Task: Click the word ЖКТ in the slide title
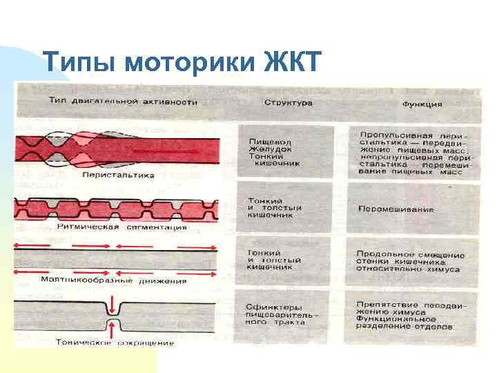[293, 63]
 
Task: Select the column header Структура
[288, 102]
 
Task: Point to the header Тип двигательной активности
[123, 102]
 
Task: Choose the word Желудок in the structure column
[266, 149]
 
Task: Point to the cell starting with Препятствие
[411, 315]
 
